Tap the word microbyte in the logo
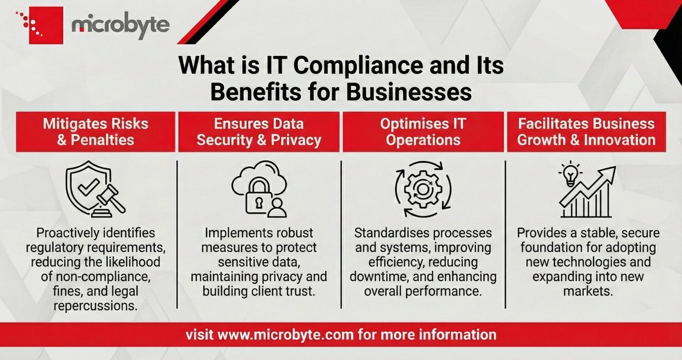point(120,26)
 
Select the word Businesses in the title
point(409,93)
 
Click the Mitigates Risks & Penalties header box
point(95,132)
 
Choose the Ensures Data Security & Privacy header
point(259,132)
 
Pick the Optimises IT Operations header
point(423,132)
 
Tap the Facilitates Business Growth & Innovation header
point(587,132)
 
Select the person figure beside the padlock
point(276,208)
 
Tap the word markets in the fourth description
point(587,291)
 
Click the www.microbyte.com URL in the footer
point(286,335)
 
